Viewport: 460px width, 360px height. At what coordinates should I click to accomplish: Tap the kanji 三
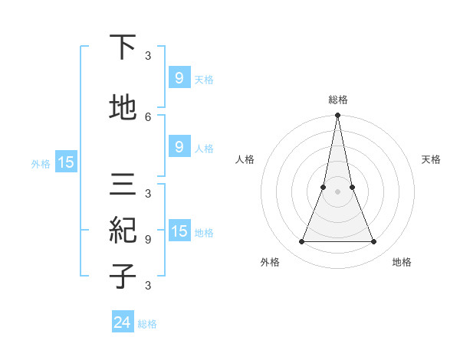pos(123,185)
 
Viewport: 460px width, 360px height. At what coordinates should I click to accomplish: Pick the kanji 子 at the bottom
pos(123,276)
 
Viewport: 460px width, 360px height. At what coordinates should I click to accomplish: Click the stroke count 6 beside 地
pos(148,116)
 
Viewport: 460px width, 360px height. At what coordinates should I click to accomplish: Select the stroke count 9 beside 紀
pos(148,239)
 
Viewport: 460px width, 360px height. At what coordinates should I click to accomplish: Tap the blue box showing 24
pos(123,322)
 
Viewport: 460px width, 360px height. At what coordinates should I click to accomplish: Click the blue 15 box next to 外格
pos(65,162)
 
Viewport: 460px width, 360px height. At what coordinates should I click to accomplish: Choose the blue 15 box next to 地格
pos(179,231)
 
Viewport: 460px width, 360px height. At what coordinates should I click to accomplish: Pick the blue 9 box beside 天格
pos(179,78)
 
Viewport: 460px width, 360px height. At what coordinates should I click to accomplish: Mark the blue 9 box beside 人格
pos(179,147)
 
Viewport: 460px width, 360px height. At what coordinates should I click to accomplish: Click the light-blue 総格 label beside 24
pos(147,324)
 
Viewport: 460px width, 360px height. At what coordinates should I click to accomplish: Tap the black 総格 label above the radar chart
pos(338,100)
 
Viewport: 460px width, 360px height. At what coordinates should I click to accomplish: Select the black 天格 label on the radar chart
pos(431,159)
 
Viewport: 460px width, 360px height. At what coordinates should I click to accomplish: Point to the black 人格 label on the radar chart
pos(245,159)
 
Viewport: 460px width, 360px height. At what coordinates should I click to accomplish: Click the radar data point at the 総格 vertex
pos(337,116)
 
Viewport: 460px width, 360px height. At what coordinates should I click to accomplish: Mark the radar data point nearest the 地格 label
pos(374,242)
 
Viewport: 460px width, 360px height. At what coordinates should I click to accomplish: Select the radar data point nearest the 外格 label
pos(301,242)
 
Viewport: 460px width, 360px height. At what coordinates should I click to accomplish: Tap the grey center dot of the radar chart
pos(337,191)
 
